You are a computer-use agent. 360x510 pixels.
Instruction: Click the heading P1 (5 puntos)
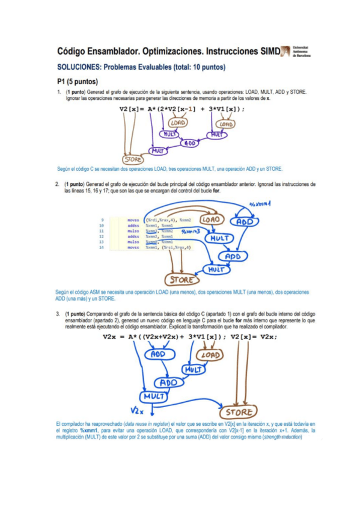[x=78, y=81]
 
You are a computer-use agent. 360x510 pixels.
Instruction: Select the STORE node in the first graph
[x=133, y=159]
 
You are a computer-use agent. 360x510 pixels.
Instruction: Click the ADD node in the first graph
[x=190, y=143]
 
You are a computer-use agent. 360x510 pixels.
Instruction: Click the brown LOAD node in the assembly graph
[x=212, y=220]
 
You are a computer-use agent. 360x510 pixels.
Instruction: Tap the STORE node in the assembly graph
[x=181, y=280]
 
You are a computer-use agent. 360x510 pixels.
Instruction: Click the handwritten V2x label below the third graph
[x=138, y=411]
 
